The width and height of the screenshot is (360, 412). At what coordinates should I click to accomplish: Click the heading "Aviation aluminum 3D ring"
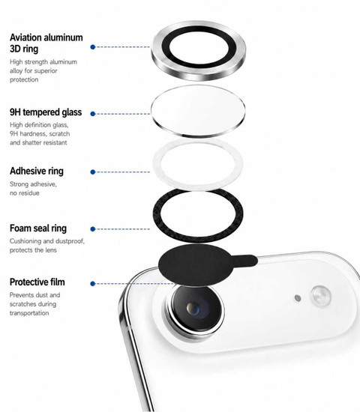(x=46, y=43)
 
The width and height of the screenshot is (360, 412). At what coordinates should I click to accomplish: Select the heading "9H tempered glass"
(x=46, y=112)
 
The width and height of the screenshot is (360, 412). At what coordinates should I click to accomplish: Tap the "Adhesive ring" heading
(x=37, y=171)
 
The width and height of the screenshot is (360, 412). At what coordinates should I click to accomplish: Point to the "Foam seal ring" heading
(x=38, y=228)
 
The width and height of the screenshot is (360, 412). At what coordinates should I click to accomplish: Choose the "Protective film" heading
(x=37, y=282)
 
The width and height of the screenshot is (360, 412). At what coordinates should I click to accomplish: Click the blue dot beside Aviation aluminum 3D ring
(x=93, y=47)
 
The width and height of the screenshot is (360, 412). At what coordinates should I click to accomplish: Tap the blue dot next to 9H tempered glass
(x=93, y=114)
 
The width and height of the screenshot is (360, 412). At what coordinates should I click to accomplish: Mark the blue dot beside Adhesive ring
(x=93, y=172)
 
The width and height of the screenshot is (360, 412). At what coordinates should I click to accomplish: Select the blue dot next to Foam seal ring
(x=93, y=229)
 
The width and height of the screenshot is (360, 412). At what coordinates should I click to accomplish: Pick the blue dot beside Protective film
(x=93, y=284)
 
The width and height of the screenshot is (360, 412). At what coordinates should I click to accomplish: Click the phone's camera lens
(x=195, y=309)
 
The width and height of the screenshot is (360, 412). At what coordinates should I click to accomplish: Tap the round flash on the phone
(x=321, y=296)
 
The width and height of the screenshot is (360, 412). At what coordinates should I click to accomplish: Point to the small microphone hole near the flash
(x=298, y=298)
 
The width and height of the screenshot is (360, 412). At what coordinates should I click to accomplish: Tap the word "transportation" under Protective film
(x=29, y=313)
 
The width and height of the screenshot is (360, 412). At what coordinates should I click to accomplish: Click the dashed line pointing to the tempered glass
(x=124, y=114)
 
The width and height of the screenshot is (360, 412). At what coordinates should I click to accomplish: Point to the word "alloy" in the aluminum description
(x=16, y=71)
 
